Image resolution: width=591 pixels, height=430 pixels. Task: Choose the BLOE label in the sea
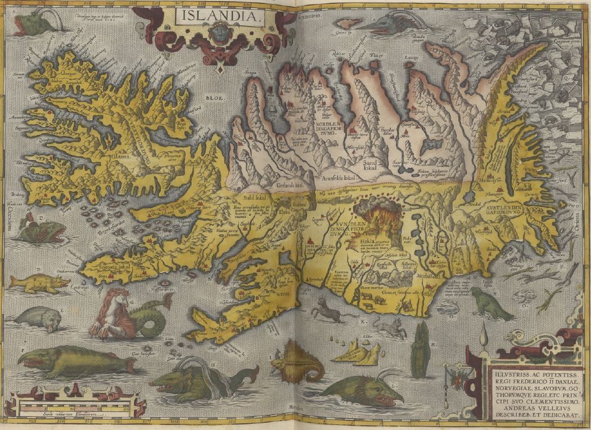(x=214, y=98)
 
